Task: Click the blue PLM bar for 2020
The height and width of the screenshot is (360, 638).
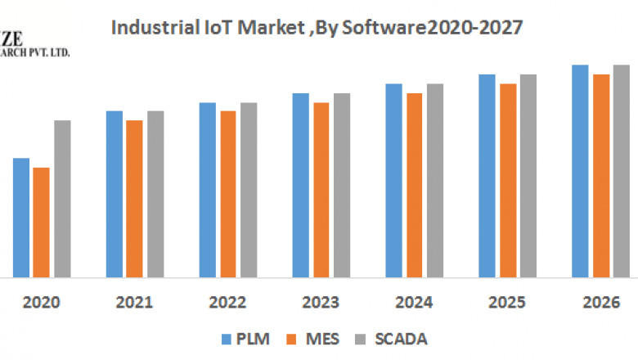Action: point(21,218)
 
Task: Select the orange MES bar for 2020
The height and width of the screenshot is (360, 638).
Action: point(41,223)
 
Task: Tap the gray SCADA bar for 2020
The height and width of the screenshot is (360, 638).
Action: point(62,199)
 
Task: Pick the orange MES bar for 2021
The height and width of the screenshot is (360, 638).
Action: point(134,199)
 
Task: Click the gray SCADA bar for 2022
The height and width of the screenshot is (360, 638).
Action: point(248,190)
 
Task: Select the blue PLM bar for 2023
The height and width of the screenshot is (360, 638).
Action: point(301,185)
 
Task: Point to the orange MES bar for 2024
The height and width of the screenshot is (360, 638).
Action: point(415,185)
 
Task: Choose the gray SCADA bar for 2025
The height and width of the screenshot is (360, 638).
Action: point(528,176)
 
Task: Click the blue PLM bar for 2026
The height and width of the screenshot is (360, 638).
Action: point(580,171)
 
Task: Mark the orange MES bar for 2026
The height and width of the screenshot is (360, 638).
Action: point(600,176)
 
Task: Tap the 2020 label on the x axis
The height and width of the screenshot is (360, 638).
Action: point(41,303)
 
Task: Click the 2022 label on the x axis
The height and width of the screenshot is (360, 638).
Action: point(227,303)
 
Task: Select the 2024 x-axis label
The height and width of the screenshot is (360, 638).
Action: point(414,303)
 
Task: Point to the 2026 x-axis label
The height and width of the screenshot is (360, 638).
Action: point(600,303)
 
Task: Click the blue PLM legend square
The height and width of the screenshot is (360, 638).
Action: point(225,338)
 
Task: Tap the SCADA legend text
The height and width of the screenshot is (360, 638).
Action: point(402,338)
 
